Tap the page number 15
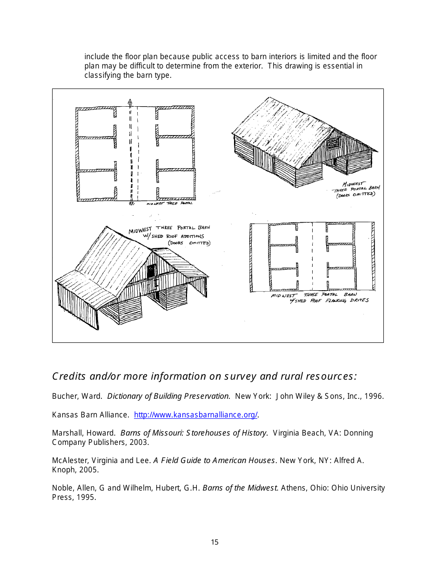(x=214, y=542)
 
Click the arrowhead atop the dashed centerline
(x=130, y=102)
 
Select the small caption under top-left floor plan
(x=169, y=204)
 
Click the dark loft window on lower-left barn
(x=152, y=270)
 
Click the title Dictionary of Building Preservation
(x=168, y=396)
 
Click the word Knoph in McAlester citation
(x=63, y=470)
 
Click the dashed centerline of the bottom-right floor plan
(x=312, y=256)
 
